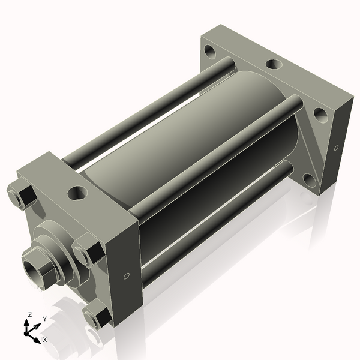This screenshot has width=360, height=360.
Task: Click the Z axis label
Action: point(30,314)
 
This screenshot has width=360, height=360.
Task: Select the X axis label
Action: point(44,340)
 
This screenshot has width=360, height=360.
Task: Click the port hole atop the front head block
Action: point(77,193)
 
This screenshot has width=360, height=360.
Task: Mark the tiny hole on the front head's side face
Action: point(126,275)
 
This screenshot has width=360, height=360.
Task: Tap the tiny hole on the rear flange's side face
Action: point(336,147)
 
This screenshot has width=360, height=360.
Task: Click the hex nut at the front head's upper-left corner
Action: point(22,195)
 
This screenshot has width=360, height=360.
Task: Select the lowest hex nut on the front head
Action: point(96,317)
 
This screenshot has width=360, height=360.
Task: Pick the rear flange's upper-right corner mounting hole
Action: point(320,114)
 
